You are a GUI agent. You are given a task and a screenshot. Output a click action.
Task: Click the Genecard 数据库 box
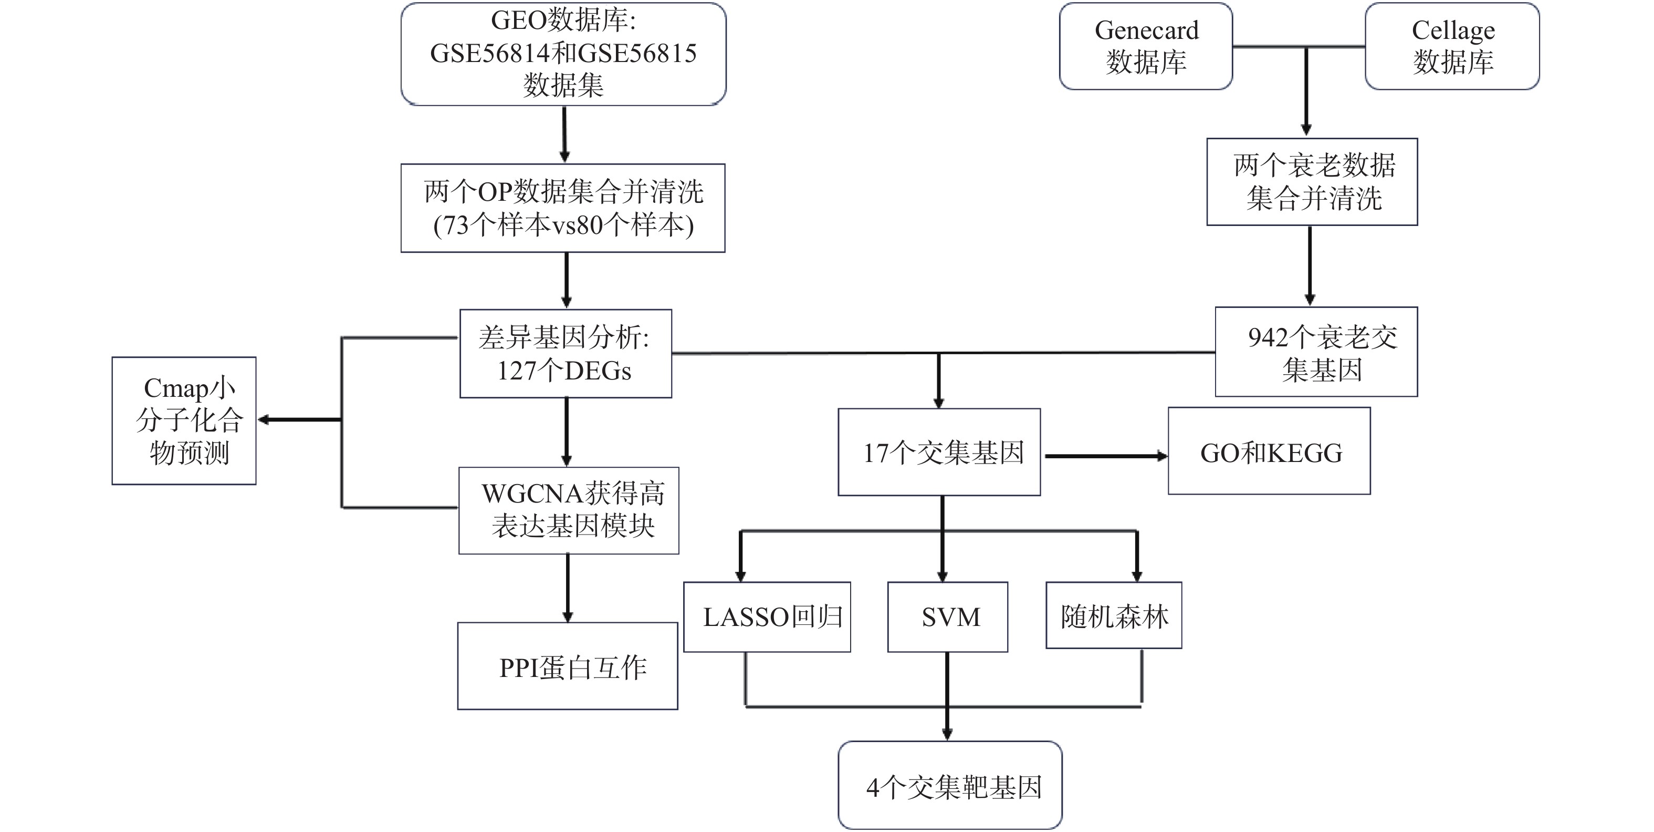[1146, 46]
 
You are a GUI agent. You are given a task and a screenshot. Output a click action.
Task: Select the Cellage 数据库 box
[1452, 46]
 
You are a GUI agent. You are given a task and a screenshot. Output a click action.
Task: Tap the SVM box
[948, 617]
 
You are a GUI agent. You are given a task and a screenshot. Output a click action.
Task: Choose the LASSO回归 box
[767, 617]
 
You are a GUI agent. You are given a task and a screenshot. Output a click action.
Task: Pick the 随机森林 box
[1114, 615]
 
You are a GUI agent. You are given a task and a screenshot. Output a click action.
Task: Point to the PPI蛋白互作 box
[568, 666]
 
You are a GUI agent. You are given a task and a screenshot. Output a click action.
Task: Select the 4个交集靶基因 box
[950, 785]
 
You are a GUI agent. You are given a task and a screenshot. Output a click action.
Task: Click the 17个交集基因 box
[939, 453]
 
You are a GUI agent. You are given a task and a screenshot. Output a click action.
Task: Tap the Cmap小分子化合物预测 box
[184, 421]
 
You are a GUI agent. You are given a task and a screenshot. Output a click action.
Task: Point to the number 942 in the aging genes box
[1268, 338]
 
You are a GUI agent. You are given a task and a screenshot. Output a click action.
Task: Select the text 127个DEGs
[564, 371]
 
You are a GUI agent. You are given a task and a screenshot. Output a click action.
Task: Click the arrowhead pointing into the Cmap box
[263, 420]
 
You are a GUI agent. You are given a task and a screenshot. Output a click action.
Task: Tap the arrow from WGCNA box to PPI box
[568, 587]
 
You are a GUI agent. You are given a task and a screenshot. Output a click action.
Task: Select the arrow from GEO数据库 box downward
[564, 133]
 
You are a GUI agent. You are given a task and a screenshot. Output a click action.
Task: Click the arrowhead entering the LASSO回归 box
[740, 574]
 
